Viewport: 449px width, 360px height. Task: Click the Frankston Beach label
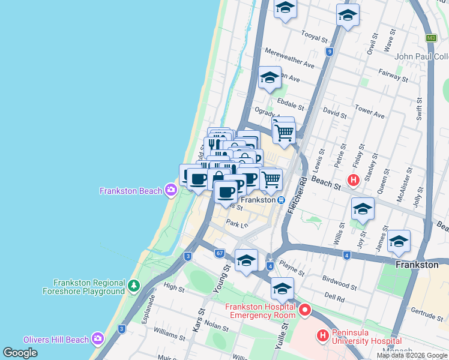pos(130,191)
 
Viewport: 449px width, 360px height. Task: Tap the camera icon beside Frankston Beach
pos(171,191)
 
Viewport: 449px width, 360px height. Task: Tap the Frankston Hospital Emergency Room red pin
pos(305,310)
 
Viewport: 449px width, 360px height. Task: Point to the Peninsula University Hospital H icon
pos(323,335)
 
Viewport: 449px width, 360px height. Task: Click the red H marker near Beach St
pos(354,179)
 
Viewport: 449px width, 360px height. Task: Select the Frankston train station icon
pos(281,200)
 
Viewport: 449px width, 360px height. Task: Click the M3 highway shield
pos(430,38)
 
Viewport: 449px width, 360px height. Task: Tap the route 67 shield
pos(219,254)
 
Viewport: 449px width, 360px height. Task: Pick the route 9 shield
pos(330,52)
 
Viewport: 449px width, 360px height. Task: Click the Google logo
pos(20,353)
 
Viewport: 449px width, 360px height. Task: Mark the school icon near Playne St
pos(246,260)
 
